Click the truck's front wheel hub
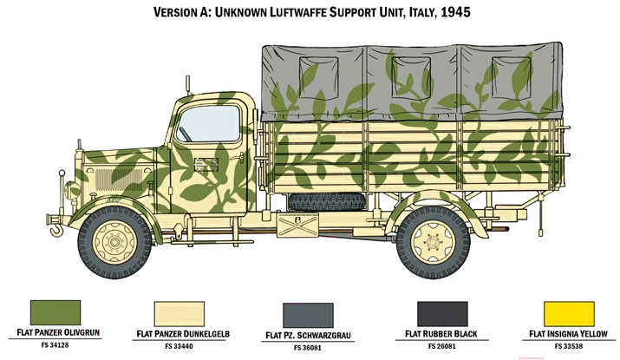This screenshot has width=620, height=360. (114, 242)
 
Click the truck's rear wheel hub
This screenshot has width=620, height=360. (433, 242)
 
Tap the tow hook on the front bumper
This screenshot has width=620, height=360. (55, 230)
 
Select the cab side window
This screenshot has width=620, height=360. (208, 124)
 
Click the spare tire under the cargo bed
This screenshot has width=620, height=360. (327, 202)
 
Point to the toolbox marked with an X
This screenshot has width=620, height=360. (297, 225)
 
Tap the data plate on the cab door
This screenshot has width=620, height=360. (206, 165)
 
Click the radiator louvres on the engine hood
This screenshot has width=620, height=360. (118, 180)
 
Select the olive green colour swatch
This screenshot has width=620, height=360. (55, 312)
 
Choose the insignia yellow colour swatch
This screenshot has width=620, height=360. (569, 314)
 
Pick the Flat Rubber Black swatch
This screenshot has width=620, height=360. (442, 314)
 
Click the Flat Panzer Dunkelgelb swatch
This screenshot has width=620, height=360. (179, 314)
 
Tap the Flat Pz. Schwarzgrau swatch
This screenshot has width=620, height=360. (308, 315)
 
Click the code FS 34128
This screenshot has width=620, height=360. (55, 345)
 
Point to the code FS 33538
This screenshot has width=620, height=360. (569, 346)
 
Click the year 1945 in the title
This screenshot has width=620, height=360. (455, 12)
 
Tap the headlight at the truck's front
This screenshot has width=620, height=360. (72, 190)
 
